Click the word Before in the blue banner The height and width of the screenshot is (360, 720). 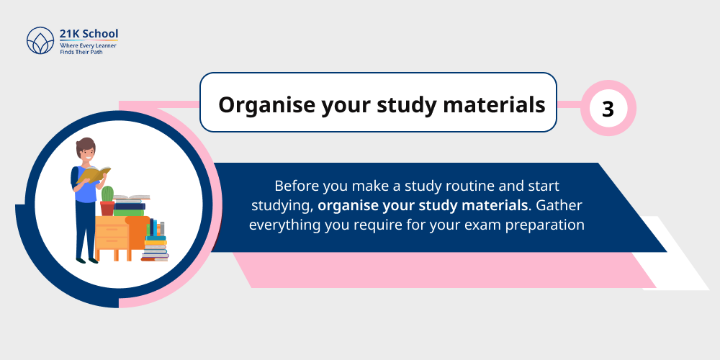tap(297, 186)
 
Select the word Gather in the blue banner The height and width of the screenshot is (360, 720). tap(557, 205)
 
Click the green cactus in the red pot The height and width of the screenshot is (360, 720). tap(108, 194)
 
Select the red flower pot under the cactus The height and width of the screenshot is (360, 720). tap(107, 208)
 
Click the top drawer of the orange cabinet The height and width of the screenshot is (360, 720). tap(112, 229)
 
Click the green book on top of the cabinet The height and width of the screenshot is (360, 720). tap(129, 212)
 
